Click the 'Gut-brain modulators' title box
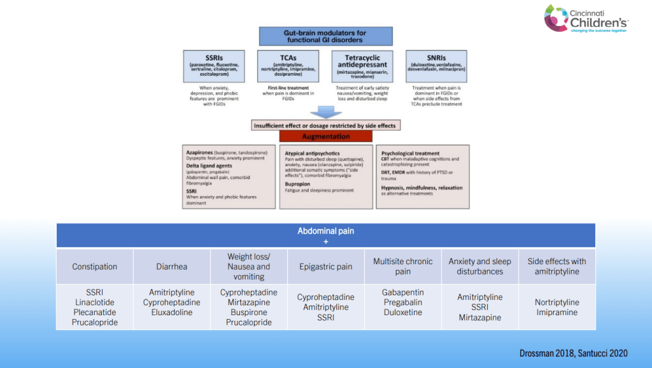(x=326, y=36)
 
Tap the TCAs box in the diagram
(x=288, y=66)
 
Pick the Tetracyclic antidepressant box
(x=361, y=66)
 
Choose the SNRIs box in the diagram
(x=436, y=66)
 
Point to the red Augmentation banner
(x=325, y=137)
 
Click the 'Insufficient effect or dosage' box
(x=325, y=125)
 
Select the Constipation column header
(x=94, y=267)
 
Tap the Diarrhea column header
(x=171, y=267)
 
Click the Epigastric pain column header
(x=325, y=267)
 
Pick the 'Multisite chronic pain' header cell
(x=402, y=266)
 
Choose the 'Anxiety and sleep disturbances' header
(x=479, y=266)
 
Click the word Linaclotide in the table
(x=94, y=302)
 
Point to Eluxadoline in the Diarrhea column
(x=171, y=313)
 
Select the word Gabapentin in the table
(x=402, y=292)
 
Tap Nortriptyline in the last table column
(x=556, y=302)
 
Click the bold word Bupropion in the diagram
(x=298, y=183)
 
